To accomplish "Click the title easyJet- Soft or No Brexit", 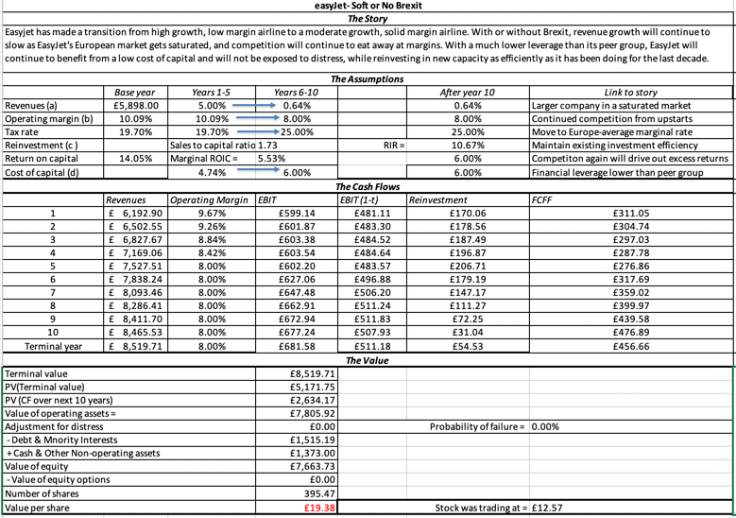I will tap(368, 6).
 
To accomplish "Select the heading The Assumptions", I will tap(368, 79).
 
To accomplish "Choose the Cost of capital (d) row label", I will tap(42, 173).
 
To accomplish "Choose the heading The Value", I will tap(368, 360).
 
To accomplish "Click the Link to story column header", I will tap(631, 93).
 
